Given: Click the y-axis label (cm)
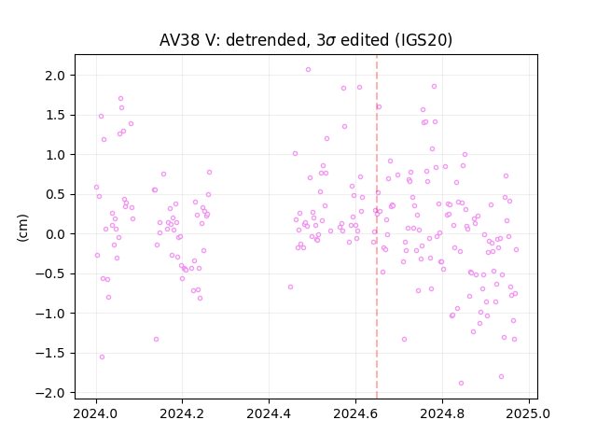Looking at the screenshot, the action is [x=22, y=228].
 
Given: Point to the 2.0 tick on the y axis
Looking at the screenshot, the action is [x=55, y=76].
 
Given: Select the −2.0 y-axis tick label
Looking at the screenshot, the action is [x=50, y=393].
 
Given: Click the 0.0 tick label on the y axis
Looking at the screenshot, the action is [x=55, y=234].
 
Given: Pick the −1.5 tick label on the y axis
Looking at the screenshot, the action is [x=50, y=353].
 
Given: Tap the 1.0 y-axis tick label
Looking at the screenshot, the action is [x=55, y=155].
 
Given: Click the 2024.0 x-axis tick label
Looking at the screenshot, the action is [x=96, y=413].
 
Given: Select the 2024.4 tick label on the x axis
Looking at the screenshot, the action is [x=269, y=413].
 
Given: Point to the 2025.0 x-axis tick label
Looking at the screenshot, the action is [x=529, y=413].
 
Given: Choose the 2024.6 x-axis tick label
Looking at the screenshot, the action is [x=355, y=413].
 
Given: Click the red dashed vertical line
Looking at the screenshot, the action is [x=377, y=227].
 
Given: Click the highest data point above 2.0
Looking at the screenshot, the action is [x=308, y=69].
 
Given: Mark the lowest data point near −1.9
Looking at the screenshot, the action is [x=461, y=383].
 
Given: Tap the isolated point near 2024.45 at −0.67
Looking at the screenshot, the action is [x=290, y=287].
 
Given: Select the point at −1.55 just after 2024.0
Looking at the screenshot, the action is [x=102, y=357].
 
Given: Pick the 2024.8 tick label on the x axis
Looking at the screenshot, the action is [x=442, y=413].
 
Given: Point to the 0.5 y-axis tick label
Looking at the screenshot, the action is [x=55, y=194].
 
